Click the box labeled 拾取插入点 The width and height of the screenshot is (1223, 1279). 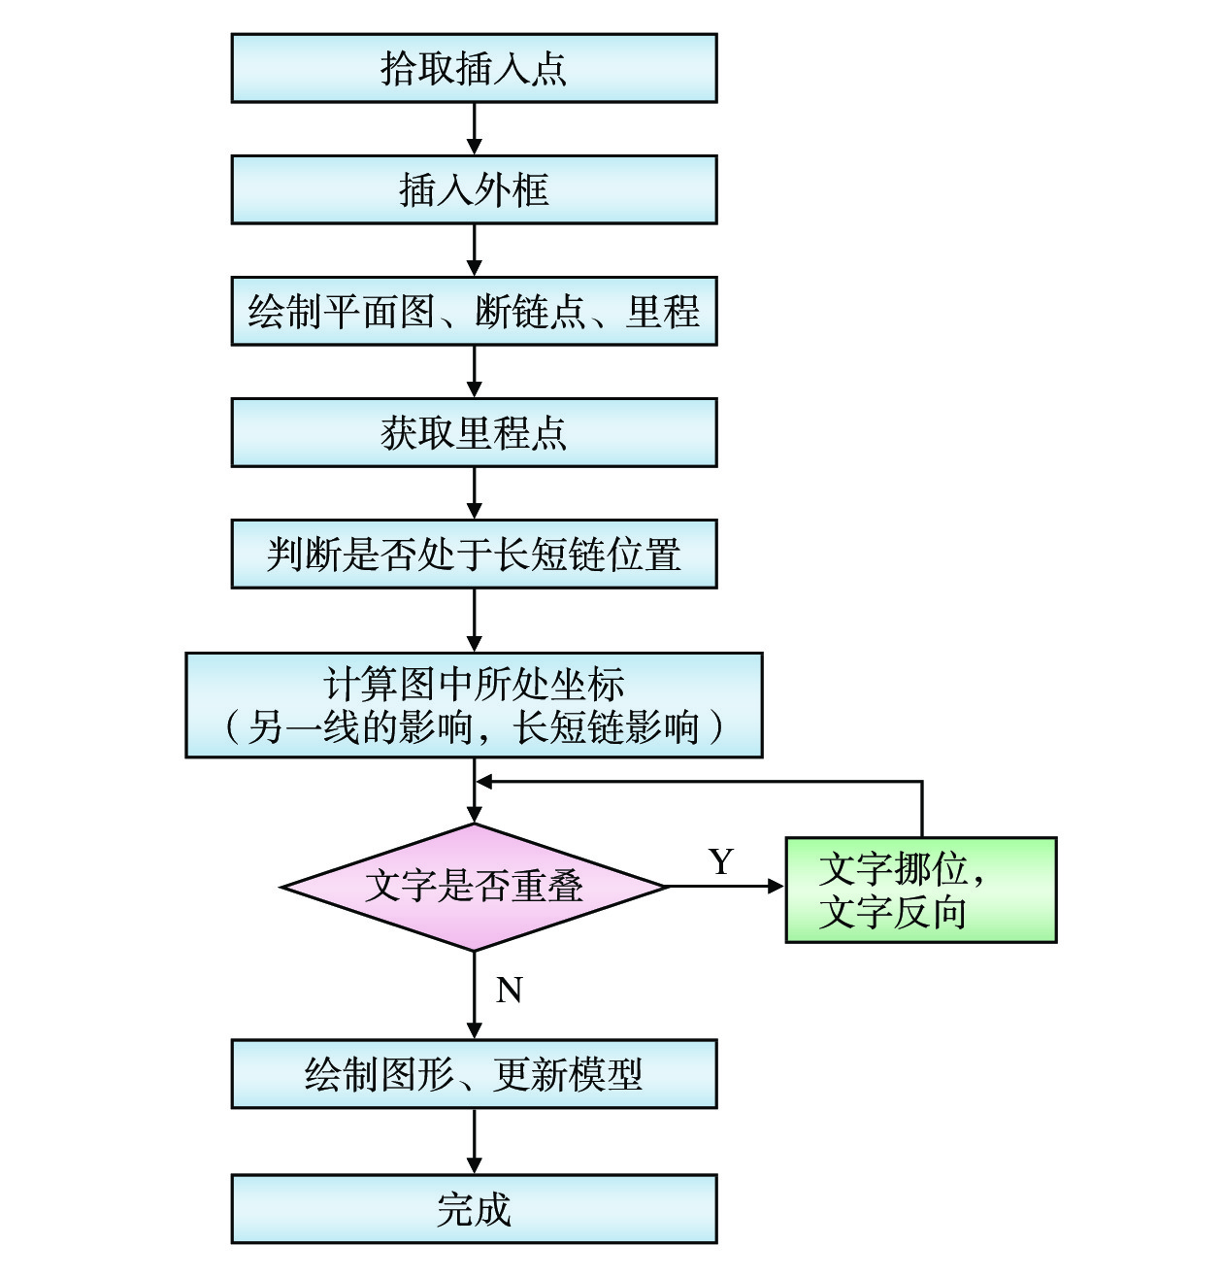[474, 68]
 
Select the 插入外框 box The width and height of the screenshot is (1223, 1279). [474, 189]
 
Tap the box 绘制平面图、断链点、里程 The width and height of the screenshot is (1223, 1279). [474, 311]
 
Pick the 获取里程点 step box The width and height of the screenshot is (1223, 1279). [474, 432]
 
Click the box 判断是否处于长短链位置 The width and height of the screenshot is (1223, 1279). [474, 554]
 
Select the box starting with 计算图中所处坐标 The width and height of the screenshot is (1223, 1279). [474, 705]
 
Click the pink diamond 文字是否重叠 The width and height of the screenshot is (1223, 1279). [474, 887]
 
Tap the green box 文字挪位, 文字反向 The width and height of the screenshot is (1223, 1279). [920, 890]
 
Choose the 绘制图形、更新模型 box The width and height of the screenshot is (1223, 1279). [474, 1074]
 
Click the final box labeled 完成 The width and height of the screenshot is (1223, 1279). [474, 1209]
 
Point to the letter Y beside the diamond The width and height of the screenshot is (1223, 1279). [721, 861]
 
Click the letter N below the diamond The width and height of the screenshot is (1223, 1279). [510, 991]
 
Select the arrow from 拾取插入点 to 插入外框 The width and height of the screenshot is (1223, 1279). [474, 128]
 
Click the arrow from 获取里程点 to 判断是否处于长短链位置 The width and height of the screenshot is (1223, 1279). [474, 492]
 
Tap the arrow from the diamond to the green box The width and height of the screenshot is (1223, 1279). [725, 886]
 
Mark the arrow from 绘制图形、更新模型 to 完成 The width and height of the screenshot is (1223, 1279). [474, 1141]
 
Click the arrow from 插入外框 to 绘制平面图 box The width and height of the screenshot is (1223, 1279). [474, 250]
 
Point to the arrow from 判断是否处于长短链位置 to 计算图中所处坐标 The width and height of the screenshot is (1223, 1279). [474, 620]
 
